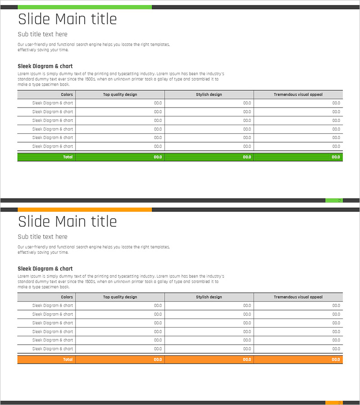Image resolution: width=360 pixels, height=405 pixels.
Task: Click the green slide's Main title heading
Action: click(67, 19)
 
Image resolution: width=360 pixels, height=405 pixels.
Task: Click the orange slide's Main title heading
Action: click(67, 222)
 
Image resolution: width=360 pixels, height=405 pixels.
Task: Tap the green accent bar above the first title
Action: click(85, 7)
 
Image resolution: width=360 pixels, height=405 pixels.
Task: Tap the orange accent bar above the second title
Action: click(85, 210)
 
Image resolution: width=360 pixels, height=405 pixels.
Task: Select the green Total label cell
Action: click(67, 157)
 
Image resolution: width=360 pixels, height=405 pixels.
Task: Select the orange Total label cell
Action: click(67, 360)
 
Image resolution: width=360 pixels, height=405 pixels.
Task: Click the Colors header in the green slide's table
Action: click(67, 94)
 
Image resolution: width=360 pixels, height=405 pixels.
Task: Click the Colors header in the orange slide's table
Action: click(67, 297)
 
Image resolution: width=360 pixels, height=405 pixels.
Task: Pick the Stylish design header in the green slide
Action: click(209, 94)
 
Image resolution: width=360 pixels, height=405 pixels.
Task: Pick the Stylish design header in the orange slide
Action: click(209, 297)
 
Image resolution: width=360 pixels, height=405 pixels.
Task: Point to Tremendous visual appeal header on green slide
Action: click(298, 94)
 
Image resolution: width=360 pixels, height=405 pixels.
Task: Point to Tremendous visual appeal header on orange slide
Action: click(298, 297)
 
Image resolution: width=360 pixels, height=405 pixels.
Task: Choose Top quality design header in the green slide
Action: click(120, 94)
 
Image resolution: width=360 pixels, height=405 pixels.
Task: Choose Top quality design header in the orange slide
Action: click(120, 297)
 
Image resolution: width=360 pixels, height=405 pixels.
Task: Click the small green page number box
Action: click(334, 200)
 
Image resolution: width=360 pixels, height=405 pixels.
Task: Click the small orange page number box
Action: click(334, 403)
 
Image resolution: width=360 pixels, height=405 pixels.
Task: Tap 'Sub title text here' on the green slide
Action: click(42, 34)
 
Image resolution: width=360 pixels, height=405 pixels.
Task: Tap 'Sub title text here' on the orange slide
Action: click(42, 237)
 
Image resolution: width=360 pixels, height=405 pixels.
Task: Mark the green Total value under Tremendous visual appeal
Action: click(336, 157)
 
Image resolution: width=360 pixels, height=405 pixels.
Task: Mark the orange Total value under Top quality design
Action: click(157, 360)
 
